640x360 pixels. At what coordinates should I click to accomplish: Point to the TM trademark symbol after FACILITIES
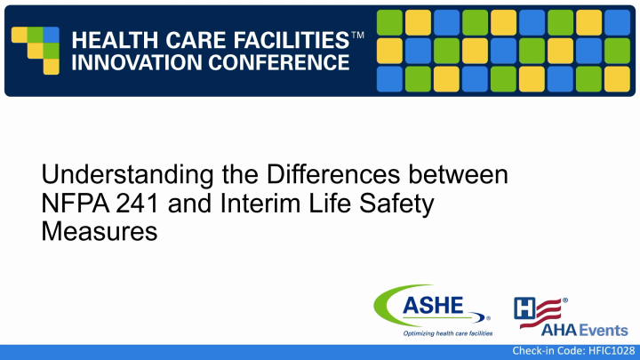pyautogui.click(x=357, y=34)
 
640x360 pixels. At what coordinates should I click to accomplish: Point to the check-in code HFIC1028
pyautogui.click(x=573, y=352)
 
